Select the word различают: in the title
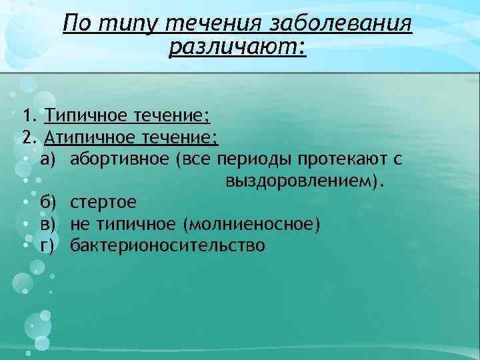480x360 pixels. pos(238,48)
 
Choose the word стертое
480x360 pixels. pos(103,202)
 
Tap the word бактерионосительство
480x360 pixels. pos(168,245)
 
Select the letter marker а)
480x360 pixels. pos(51,159)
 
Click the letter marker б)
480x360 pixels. pos(50,202)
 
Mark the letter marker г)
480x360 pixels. pos(50,245)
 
